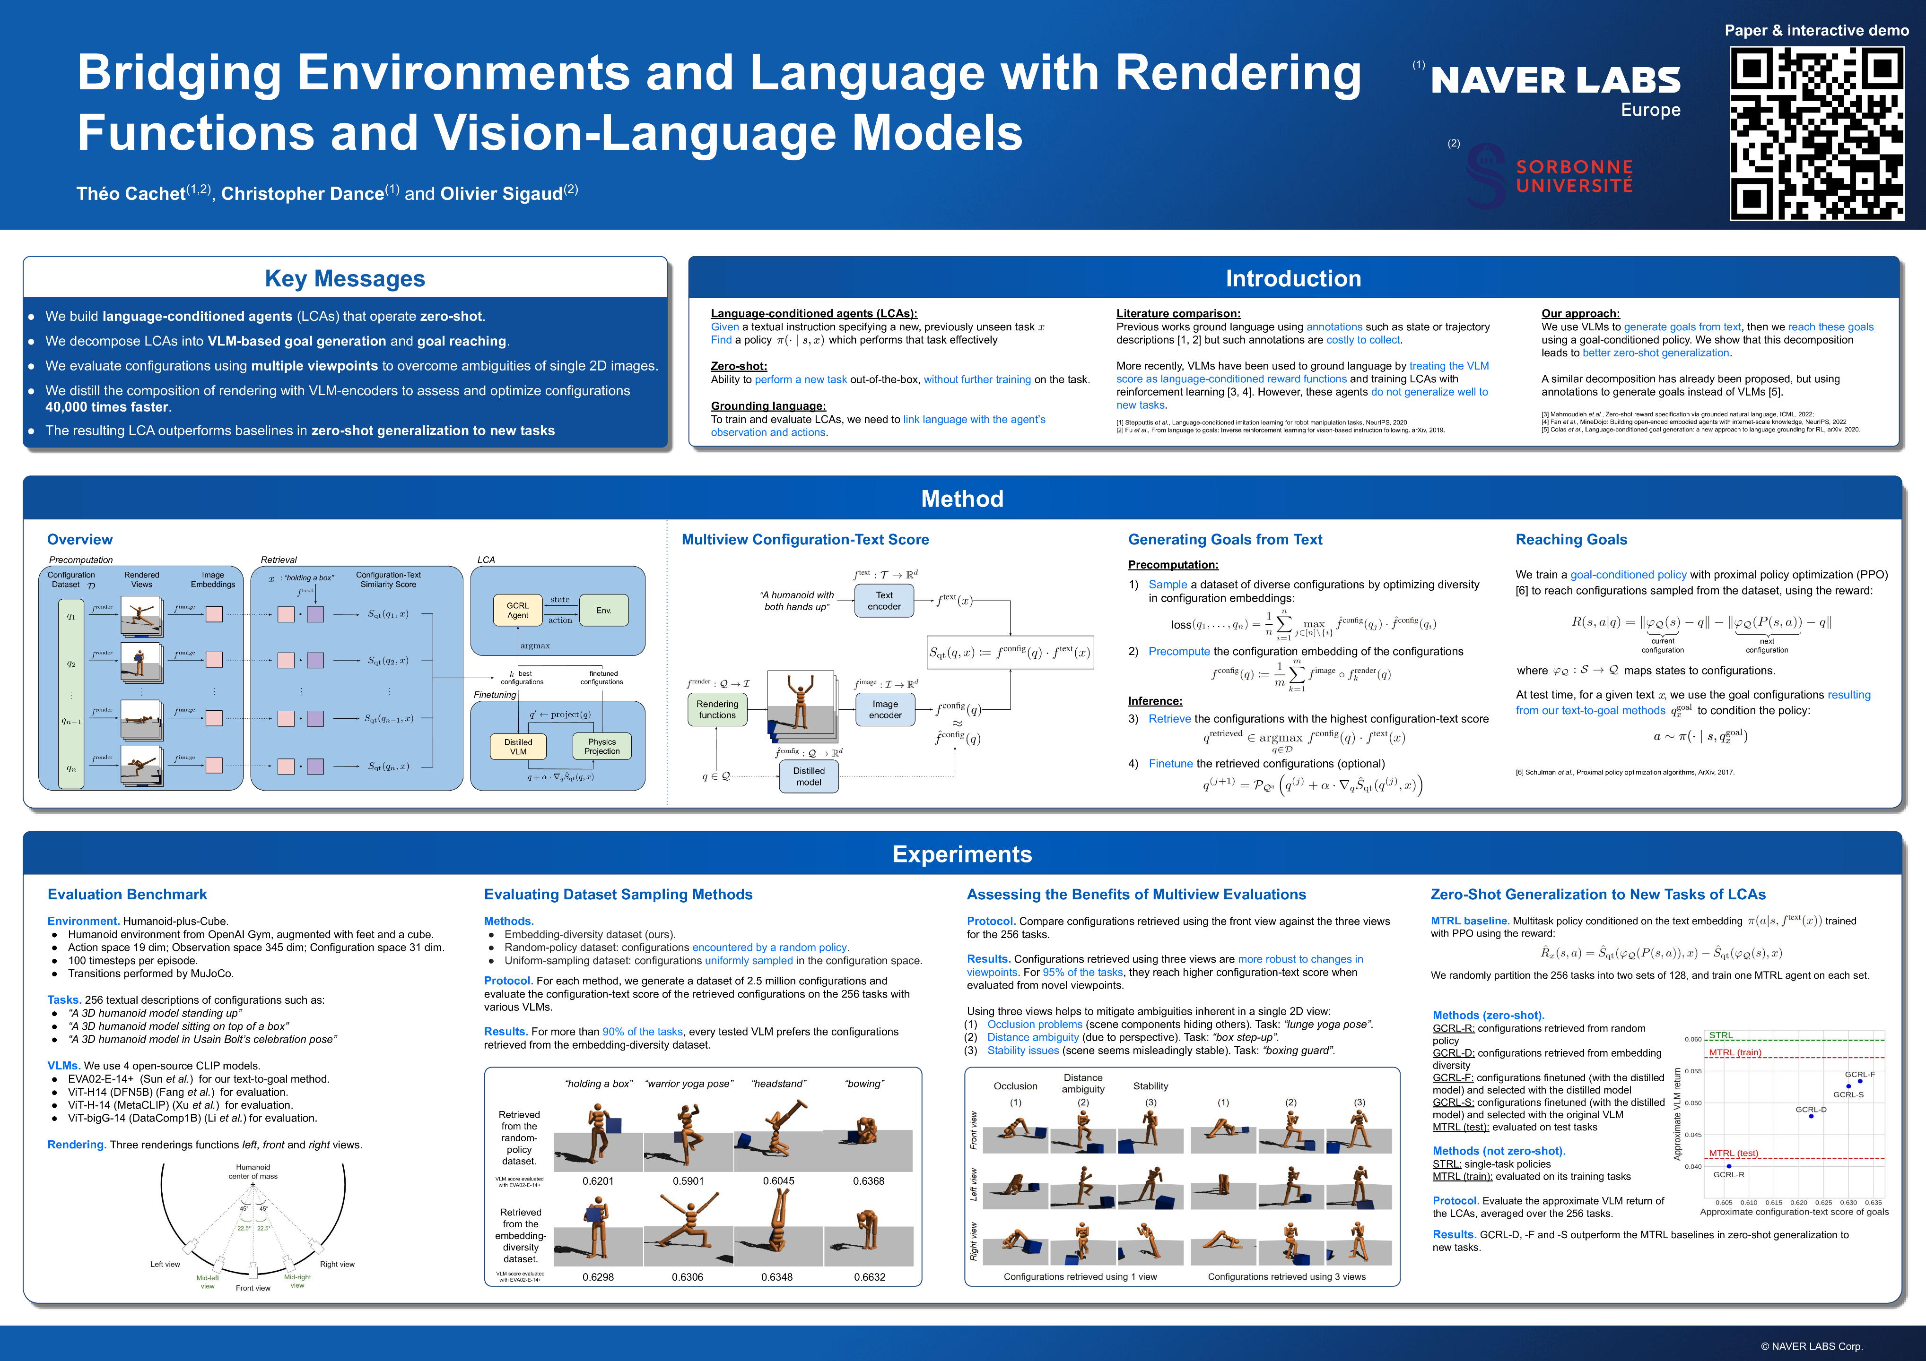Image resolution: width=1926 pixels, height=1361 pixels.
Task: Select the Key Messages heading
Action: point(345,278)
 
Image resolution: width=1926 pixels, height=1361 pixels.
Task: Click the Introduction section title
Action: point(1293,278)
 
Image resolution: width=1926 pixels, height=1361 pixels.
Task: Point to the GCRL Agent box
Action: point(518,611)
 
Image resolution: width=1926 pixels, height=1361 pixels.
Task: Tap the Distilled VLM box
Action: point(518,746)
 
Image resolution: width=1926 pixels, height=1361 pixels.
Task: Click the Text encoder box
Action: point(884,601)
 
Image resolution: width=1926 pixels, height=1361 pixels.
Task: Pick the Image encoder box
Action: point(885,709)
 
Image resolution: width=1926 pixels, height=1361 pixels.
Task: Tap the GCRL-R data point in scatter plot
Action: point(1729,1166)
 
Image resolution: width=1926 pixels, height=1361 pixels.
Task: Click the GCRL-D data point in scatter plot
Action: point(1811,1116)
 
